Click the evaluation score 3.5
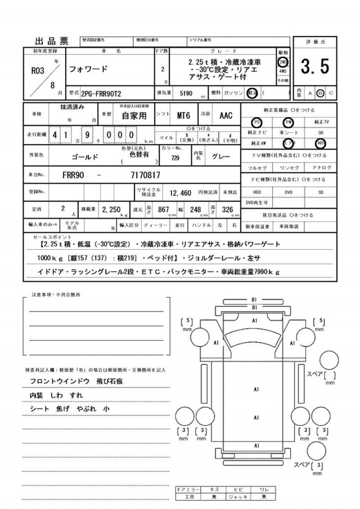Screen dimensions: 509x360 [314, 67]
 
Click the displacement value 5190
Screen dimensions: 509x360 [186, 93]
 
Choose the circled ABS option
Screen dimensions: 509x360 [320, 143]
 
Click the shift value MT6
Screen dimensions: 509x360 [183, 116]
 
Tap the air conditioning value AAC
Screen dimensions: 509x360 [226, 116]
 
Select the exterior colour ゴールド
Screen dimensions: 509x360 [87, 157]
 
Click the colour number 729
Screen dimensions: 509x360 [175, 158]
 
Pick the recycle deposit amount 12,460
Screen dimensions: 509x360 [182, 193]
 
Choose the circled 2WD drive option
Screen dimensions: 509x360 [283, 62]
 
